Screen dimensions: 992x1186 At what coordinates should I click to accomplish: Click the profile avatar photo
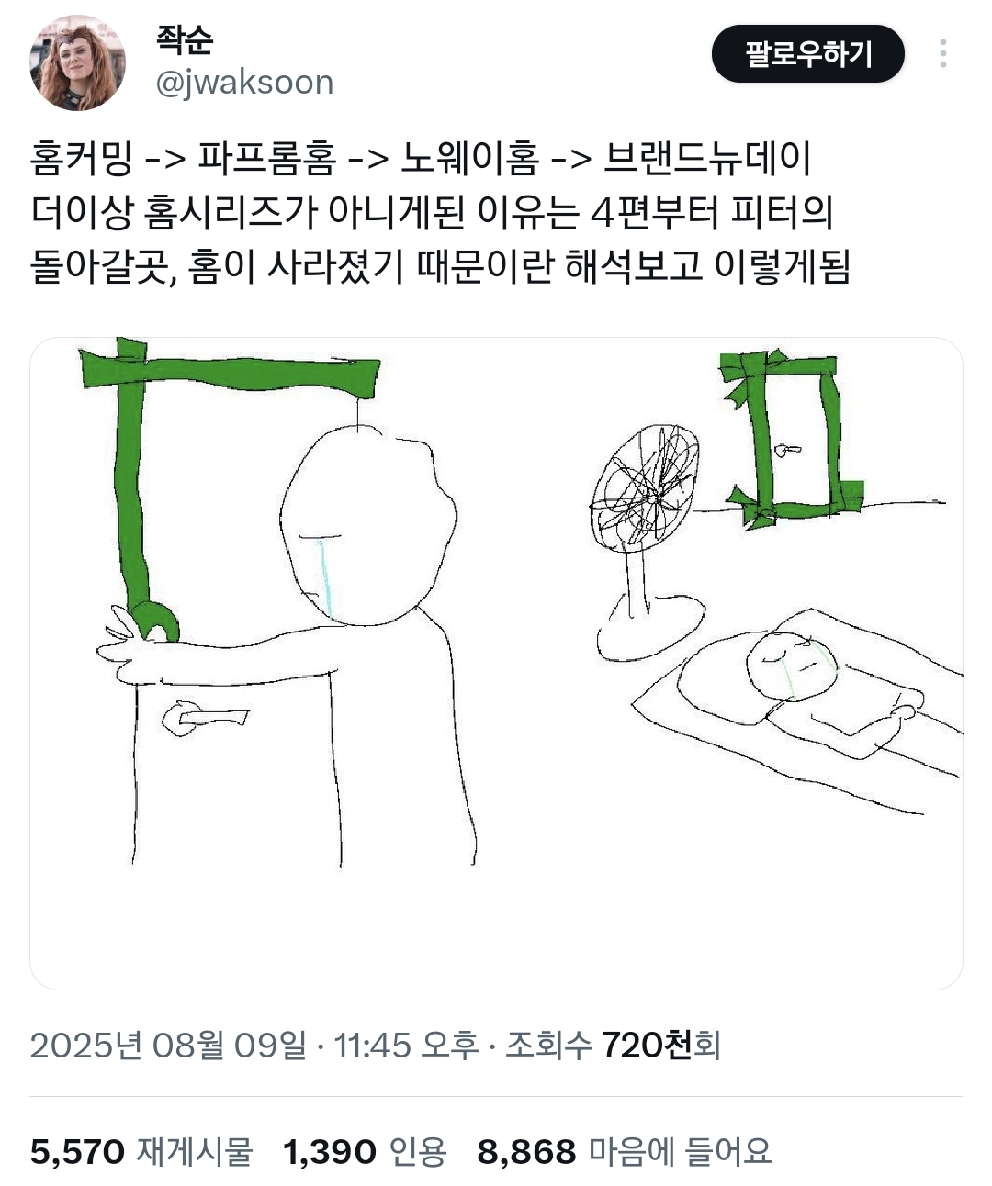77,62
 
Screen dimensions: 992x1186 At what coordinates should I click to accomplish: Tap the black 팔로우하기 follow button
807,53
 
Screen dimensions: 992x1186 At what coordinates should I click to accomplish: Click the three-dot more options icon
943,53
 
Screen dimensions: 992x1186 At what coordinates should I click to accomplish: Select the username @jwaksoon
244,83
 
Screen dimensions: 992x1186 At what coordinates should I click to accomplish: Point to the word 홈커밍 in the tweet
82,159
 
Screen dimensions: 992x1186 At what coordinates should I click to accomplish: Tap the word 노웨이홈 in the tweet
469,159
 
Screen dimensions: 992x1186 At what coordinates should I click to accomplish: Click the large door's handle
205,719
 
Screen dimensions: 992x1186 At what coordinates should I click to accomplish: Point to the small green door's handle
788,451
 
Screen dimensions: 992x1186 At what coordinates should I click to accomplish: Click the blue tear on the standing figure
324,578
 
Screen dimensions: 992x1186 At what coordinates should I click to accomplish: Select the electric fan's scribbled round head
645,484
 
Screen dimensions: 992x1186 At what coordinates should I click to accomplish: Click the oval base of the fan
651,626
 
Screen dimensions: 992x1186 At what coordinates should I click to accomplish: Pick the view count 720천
647,1046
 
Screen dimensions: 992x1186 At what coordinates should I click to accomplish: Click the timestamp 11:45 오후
406,1046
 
